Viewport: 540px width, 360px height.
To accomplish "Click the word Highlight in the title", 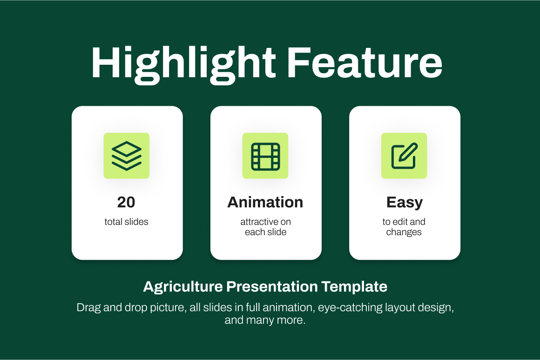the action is [x=183, y=64].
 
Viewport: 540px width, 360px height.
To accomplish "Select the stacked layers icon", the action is [x=127, y=156].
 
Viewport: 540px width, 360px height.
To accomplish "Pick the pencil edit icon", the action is [x=405, y=156].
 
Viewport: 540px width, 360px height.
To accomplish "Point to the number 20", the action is [x=126, y=202].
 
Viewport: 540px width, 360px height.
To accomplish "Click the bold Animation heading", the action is [x=265, y=202].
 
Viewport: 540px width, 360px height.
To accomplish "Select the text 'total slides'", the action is [x=127, y=222].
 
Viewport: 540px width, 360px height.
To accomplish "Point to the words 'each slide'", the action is [x=265, y=232].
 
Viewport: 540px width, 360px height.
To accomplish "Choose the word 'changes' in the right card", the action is [x=404, y=232].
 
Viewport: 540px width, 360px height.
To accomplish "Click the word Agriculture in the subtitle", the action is [x=183, y=287].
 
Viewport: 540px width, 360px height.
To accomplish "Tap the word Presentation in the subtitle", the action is [x=272, y=286].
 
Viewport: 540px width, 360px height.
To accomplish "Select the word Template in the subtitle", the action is [x=354, y=286].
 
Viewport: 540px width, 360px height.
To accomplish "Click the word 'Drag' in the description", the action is [x=88, y=308].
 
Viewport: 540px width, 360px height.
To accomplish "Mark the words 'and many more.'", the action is [x=265, y=320].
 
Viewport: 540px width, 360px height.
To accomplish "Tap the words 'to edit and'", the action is [x=404, y=222].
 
